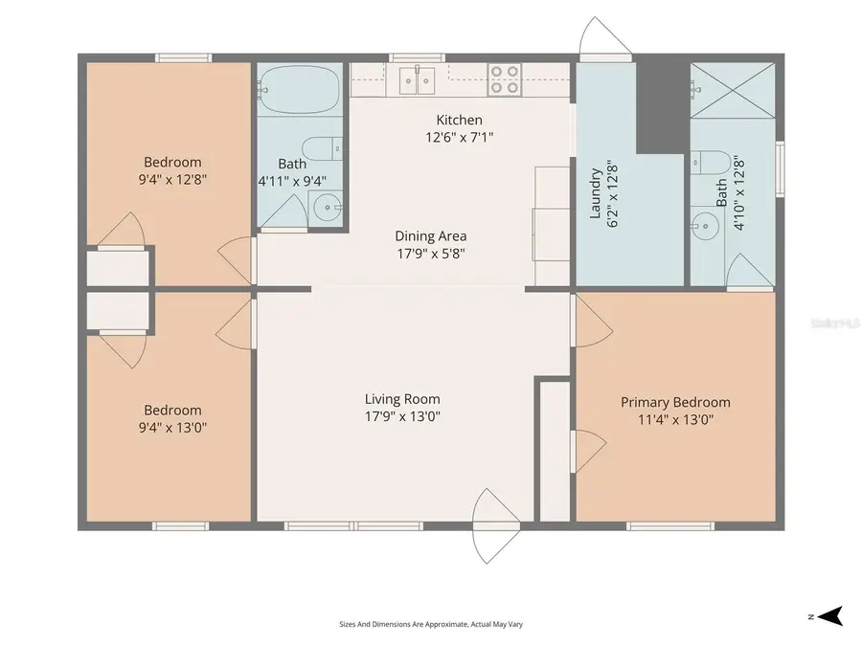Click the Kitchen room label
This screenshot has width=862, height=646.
coord(459,120)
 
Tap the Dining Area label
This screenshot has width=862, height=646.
coord(431,236)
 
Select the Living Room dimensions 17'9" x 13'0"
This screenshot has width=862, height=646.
coord(402,416)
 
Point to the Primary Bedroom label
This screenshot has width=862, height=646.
coord(675,402)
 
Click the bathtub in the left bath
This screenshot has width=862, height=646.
coord(298,90)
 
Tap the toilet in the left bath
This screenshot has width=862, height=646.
coord(320,148)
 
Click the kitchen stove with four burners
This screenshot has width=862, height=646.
coord(505,78)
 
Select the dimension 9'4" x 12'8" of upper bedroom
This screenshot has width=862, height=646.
coord(172,179)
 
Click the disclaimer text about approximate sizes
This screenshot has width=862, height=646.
coord(431,624)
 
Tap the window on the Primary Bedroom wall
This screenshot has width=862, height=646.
coord(669,525)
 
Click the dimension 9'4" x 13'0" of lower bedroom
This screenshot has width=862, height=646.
coord(172,428)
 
